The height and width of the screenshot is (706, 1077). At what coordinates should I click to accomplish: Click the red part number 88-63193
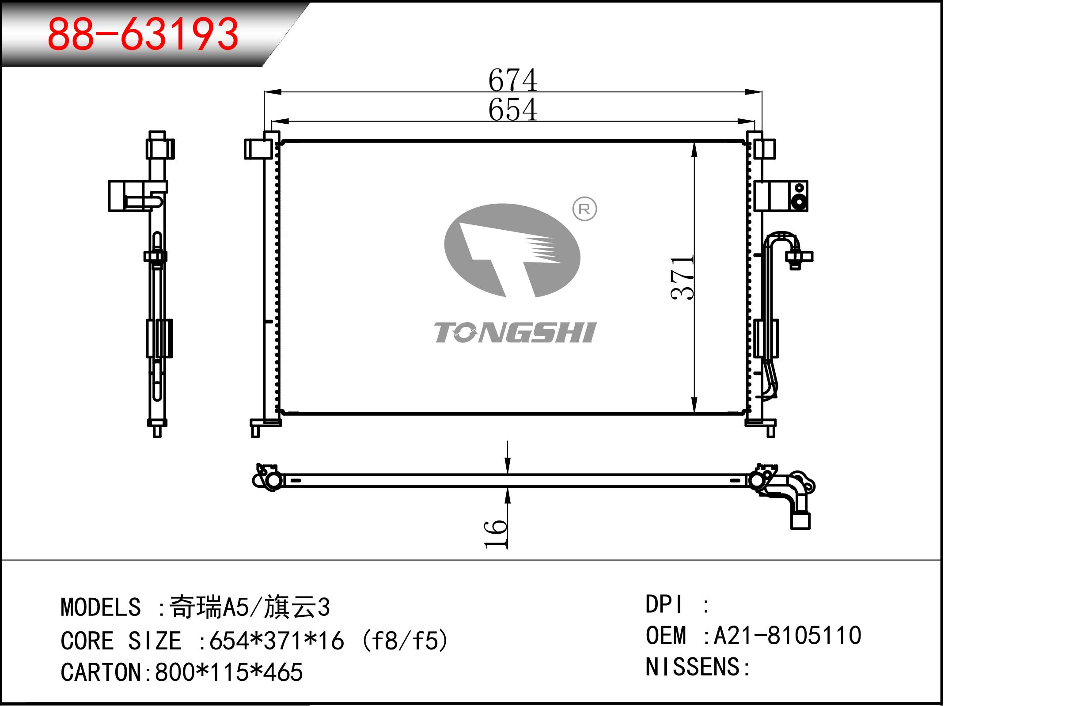(x=143, y=34)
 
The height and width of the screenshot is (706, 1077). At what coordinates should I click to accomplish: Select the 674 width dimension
(x=513, y=80)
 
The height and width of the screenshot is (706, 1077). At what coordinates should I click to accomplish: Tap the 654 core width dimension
(x=513, y=110)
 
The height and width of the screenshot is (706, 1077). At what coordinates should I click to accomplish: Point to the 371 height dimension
(x=683, y=277)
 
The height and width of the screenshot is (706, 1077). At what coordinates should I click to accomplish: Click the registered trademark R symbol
(x=584, y=209)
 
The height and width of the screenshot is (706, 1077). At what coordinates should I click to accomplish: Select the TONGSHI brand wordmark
(x=516, y=332)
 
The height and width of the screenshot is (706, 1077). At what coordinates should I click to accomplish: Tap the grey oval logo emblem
(x=512, y=251)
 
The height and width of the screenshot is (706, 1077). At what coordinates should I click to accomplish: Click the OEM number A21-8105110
(x=787, y=635)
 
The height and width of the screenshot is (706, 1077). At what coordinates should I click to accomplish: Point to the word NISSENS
(x=693, y=667)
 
